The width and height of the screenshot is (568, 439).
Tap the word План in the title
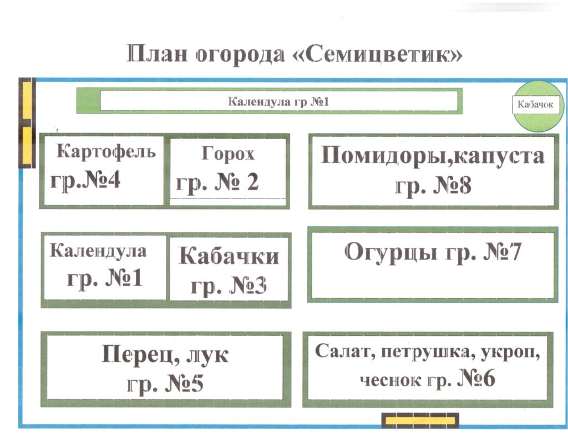157,53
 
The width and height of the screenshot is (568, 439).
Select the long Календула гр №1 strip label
278,101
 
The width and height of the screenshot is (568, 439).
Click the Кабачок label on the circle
535,104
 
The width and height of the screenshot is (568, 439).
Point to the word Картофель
106,151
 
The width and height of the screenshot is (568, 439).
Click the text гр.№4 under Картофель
85,180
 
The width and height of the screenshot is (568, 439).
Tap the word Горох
228,154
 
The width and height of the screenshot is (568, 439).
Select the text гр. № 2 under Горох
217,182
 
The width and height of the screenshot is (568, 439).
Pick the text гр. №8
433,185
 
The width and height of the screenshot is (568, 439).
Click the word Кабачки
229,256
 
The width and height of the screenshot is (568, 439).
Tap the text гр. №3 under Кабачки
229,285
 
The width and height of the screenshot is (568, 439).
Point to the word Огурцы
390,252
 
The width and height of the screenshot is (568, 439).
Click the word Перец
140,354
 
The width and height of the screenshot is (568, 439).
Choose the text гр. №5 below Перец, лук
165,384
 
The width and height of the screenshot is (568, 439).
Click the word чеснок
386,380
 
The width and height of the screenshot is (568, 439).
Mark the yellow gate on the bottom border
420,421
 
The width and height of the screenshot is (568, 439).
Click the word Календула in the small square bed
98,251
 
